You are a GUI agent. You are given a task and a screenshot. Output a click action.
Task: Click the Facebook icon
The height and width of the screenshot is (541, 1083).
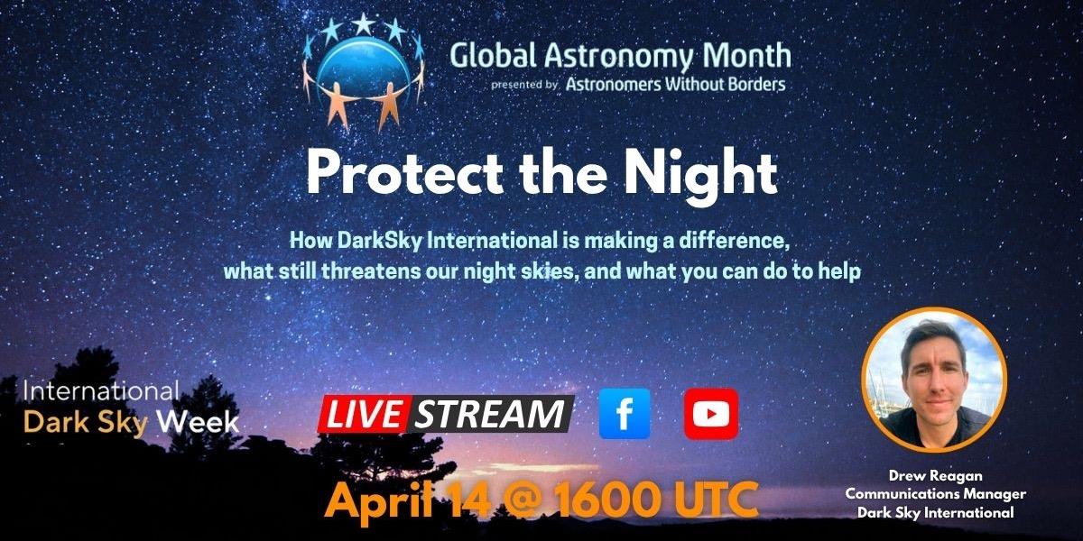click(625, 414)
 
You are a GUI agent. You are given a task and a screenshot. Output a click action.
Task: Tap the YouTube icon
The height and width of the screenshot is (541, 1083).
click(710, 414)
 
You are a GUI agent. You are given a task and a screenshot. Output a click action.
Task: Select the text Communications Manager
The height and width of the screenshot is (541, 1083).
click(933, 493)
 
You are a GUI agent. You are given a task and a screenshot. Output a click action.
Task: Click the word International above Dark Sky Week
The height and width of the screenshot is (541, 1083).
click(100, 392)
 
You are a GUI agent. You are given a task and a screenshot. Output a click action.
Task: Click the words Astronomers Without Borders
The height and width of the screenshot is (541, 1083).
click(675, 84)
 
